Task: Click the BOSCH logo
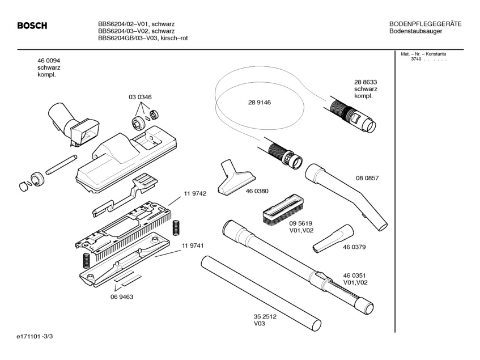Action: [x=32, y=26]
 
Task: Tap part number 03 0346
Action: [x=140, y=98]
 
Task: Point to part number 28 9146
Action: [x=260, y=103]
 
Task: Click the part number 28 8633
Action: [x=366, y=82]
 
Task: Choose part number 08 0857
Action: [x=367, y=178]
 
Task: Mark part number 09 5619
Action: [x=301, y=223]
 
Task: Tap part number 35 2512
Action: [x=265, y=317]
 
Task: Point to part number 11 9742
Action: [x=194, y=193]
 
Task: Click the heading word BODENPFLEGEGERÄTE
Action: [x=425, y=24]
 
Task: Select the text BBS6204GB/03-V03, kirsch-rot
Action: [x=143, y=38]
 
